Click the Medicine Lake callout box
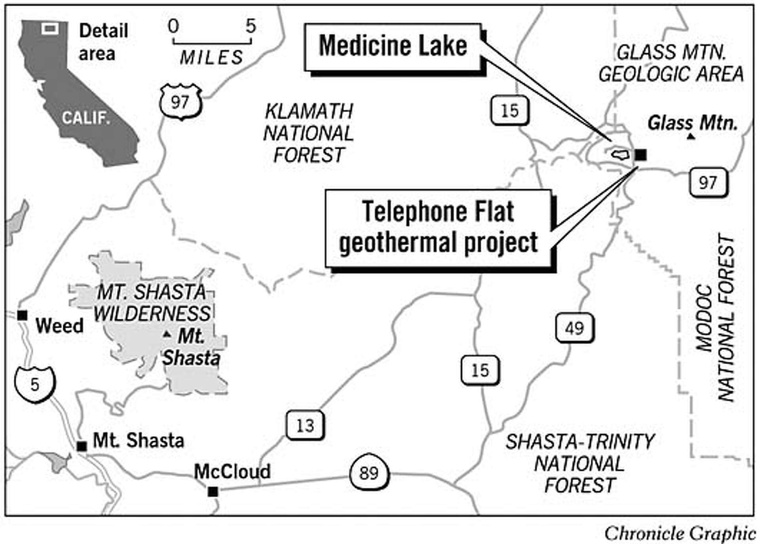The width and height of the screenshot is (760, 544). coord(393,47)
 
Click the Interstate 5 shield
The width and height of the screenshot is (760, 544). coord(35,384)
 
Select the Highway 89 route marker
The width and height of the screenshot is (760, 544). coord(369,473)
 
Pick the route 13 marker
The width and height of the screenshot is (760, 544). coord(305,426)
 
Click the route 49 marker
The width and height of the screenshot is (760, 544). coord(574,328)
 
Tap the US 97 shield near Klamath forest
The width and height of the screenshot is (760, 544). coord(180,102)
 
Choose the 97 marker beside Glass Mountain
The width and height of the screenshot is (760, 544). coord(708,183)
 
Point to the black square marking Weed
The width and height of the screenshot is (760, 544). coord(22,315)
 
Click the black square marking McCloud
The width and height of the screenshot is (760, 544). coord(213,491)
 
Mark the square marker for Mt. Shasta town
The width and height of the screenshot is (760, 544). coord(82,446)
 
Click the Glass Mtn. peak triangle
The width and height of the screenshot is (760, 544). coord(691,137)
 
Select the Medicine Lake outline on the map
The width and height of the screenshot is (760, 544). coord(620,154)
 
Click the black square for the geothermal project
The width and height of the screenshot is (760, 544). coord(641,155)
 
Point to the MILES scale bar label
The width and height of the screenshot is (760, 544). coord(212,58)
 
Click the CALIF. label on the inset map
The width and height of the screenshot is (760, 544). coord(85,118)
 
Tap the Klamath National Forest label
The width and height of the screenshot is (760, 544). coord(308,133)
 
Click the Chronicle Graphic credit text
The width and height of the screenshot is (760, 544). coord(680,533)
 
